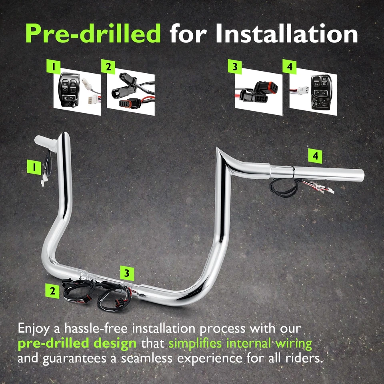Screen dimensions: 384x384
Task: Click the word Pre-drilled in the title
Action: pyautogui.click(x=93, y=33)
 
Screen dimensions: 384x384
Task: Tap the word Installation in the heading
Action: pyautogui.click(x=287, y=33)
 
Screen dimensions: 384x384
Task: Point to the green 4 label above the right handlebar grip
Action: pyautogui.click(x=316, y=156)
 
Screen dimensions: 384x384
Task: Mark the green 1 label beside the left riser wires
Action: pyautogui.click(x=34, y=167)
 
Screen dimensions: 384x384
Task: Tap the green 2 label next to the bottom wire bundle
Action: pyautogui.click(x=52, y=291)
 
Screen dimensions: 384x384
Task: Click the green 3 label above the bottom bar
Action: pyautogui.click(x=127, y=273)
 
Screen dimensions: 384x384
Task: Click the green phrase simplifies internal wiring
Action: pyautogui.click(x=240, y=343)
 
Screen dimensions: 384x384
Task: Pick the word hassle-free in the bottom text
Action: pyautogui.click(x=90, y=328)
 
